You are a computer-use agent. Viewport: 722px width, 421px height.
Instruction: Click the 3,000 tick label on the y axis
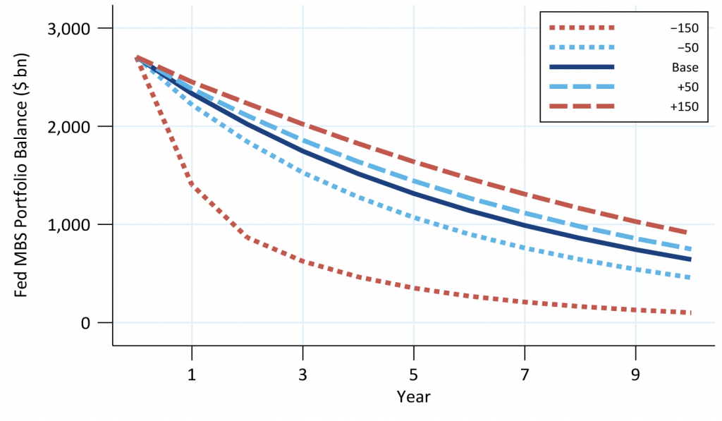tap(68, 28)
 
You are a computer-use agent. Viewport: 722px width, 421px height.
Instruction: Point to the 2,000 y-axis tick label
tap(68, 127)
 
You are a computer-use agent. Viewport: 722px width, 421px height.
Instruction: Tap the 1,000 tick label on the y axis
tap(68, 225)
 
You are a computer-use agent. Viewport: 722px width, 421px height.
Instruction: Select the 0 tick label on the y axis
tap(85, 323)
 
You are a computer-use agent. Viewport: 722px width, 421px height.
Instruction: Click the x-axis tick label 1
tap(192, 374)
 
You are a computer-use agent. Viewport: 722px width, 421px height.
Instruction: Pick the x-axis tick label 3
tap(302, 374)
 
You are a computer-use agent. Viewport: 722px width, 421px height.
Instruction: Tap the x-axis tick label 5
tap(413, 374)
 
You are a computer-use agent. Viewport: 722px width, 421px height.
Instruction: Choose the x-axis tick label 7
tap(525, 374)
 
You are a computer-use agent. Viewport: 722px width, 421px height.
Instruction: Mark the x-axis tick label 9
tap(635, 374)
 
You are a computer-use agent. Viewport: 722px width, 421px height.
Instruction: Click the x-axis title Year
tap(413, 396)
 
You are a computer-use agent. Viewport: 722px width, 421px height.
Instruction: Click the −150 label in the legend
tap(684, 28)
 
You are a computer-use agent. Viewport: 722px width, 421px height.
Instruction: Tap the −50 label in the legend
tap(687, 48)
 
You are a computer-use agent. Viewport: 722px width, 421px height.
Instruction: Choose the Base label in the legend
tap(685, 67)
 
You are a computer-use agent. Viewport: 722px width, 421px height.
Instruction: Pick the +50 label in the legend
tap(687, 87)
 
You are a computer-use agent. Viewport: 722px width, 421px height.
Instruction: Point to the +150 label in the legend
tap(684, 106)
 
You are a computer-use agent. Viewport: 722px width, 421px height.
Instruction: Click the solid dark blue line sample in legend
tap(582, 67)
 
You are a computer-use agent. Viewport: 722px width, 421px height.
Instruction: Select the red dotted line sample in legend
tap(582, 28)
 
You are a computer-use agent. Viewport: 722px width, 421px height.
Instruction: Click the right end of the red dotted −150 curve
tap(690, 313)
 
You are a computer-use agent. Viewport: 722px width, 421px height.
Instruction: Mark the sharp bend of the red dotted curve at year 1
tap(192, 185)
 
